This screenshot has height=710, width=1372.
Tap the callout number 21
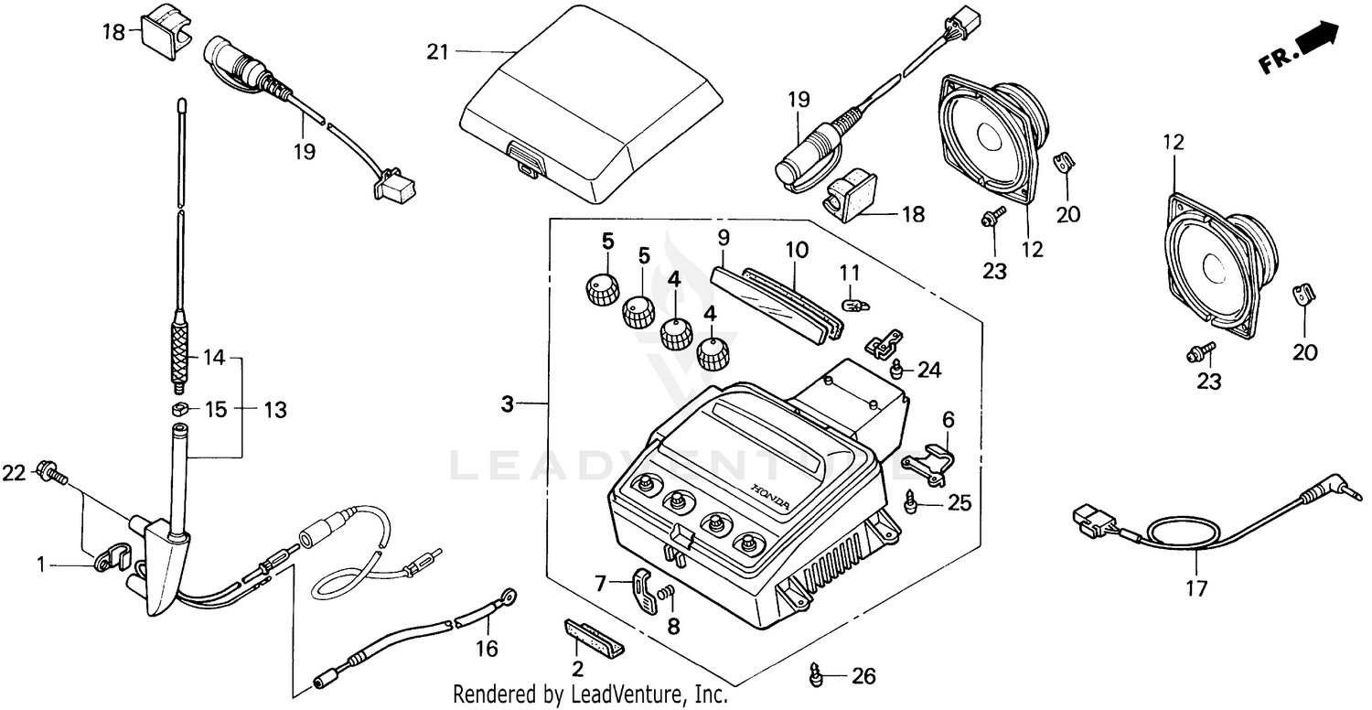click(x=438, y=51)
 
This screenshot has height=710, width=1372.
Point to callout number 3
click(x=508, y=403)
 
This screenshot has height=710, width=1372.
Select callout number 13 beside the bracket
click(x=273, y=411)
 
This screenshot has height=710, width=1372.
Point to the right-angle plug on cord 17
click(x=1313, y=496)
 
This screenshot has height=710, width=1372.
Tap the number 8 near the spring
click(x=673, y=628)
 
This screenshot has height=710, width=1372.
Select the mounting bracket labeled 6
click(x=932, y=459)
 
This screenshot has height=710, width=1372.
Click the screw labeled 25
click(x=910, y=501)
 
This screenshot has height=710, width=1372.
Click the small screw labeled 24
click(x=897, y=369)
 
